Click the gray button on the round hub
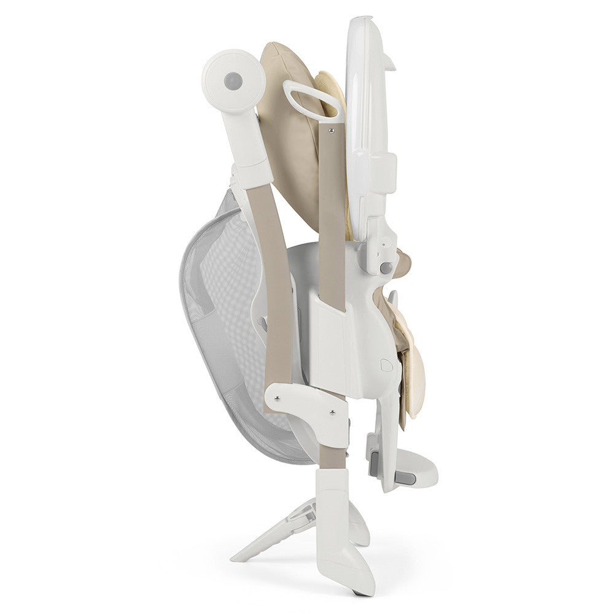(x=233, y=80)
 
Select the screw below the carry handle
(x=332, y=130)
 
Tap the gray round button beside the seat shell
(x=386, y=268)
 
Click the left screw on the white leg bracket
(x=278, y=398)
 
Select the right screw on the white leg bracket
(x=332, y=413)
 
